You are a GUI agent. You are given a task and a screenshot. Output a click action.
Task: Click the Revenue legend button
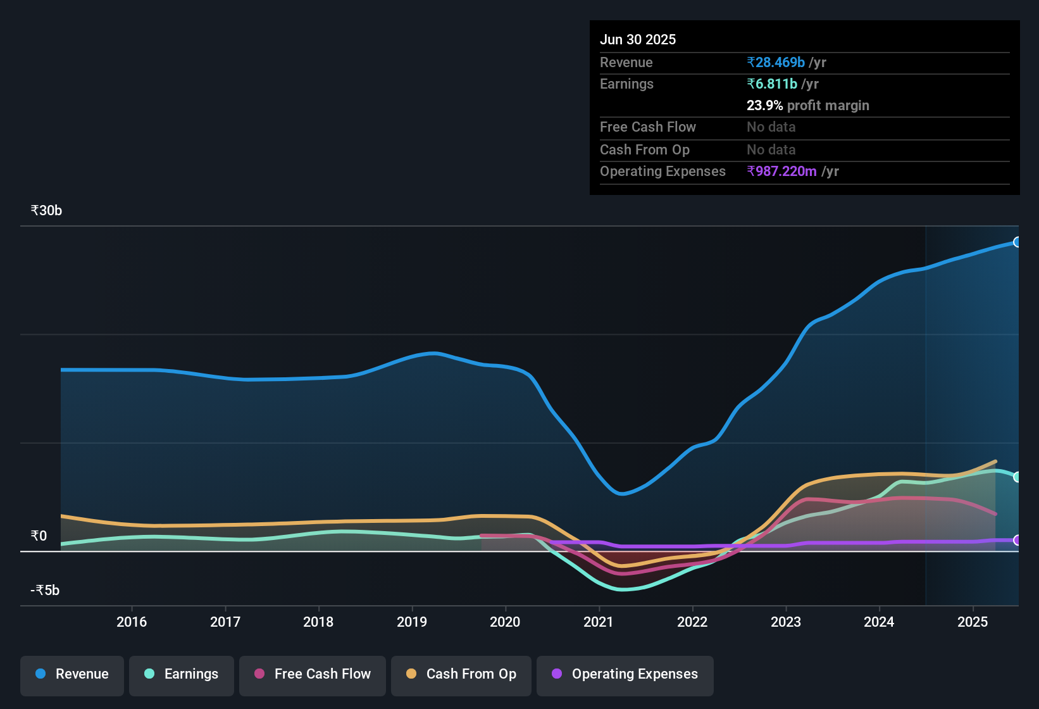72,674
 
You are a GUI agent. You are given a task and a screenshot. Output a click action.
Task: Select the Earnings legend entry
182,674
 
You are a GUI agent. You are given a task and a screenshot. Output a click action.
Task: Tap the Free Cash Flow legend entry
313,674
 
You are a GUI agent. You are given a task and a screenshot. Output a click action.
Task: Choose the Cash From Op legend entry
461,674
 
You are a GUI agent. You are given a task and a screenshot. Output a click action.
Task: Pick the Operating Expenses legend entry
625,674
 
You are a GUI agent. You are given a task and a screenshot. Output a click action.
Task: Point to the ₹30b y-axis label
46,211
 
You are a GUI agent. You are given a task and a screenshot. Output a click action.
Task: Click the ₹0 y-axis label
39,536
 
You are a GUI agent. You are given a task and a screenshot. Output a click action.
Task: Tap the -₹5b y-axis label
45,591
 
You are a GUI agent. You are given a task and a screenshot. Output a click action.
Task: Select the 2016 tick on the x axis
132,622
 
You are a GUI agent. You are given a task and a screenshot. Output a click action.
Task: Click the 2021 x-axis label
599,622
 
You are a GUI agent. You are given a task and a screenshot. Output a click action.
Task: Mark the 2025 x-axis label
973,622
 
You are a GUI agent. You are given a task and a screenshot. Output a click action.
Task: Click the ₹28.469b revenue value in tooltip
776,63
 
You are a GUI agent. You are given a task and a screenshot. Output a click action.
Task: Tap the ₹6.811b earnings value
772,84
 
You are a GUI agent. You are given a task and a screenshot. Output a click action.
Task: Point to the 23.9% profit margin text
807,106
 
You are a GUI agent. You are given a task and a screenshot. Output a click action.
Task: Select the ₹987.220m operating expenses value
781,172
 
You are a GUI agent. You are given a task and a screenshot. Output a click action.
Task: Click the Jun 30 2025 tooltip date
638,40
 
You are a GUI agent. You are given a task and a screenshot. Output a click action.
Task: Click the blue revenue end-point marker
1017,242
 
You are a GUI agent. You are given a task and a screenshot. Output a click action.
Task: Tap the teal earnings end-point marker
1017,477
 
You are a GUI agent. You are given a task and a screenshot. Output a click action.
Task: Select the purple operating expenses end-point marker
1017,540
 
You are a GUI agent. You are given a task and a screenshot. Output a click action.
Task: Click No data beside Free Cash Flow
771,127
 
